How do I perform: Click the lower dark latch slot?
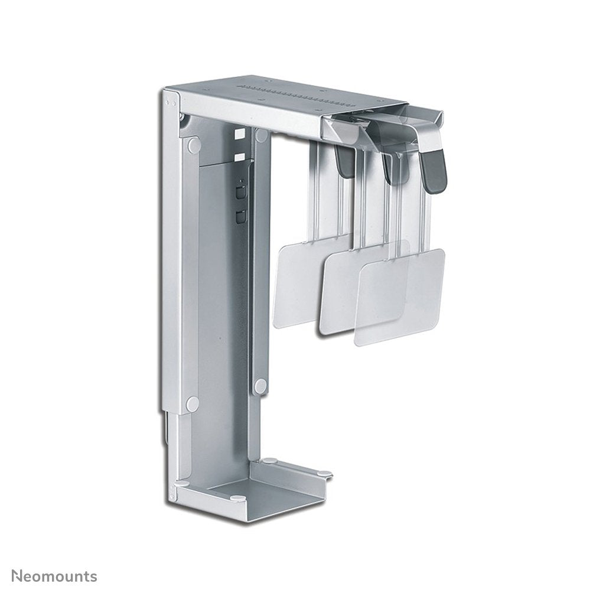point(239,216)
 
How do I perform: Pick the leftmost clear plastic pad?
point(295,284)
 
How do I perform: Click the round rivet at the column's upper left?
point(192,144)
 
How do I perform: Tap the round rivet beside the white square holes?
point(261,136)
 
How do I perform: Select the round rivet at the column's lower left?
point(192,404)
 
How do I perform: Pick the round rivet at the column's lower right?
point(260,386)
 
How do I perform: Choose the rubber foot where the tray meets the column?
point(269,460)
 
